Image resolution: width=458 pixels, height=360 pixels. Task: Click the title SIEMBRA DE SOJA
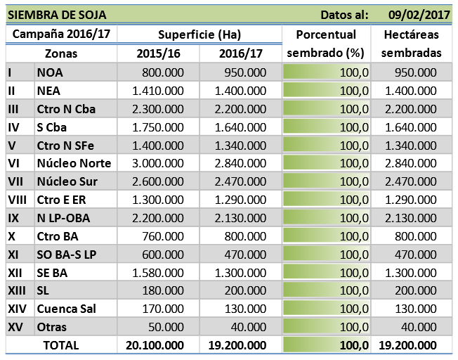point(57,14)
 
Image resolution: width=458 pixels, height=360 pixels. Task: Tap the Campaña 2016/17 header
point(61,34)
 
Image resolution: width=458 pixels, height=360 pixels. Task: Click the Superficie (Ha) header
point(199,34)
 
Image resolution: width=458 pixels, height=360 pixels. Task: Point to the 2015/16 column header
point(158,53)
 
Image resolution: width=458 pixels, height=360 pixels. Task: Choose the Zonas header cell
point(61,53)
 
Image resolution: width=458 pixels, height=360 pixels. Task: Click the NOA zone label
point(50,72)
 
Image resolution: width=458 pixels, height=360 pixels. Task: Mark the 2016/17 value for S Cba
point(242,127)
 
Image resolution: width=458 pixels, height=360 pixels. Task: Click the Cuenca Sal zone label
point(66,308)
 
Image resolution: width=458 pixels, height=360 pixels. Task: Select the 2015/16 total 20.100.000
point(155,345)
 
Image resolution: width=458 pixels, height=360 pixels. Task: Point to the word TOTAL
point(61,345)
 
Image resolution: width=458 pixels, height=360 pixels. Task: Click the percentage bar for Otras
point(327,326)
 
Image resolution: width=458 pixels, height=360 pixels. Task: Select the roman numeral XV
point(15,326)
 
